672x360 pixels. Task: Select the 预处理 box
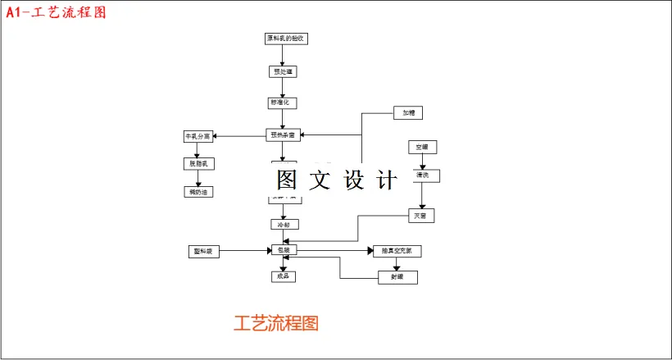[282, 71]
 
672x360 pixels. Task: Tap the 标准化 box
[282, 103]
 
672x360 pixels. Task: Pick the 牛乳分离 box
[198, 136]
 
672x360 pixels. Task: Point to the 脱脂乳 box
[198, 163]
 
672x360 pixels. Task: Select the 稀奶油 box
[198, 192]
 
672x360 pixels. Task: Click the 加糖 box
[408, 112]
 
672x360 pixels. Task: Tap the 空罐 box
[422, 147]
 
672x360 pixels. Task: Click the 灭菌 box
[421, 216]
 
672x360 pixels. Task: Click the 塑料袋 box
[204, 251]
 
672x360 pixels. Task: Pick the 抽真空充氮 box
[397, 251]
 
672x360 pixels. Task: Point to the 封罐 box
[397, 277]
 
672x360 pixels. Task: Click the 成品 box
[283, 276]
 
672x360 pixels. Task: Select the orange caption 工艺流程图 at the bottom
[276, 322]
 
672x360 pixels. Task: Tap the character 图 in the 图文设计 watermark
[287, 179]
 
